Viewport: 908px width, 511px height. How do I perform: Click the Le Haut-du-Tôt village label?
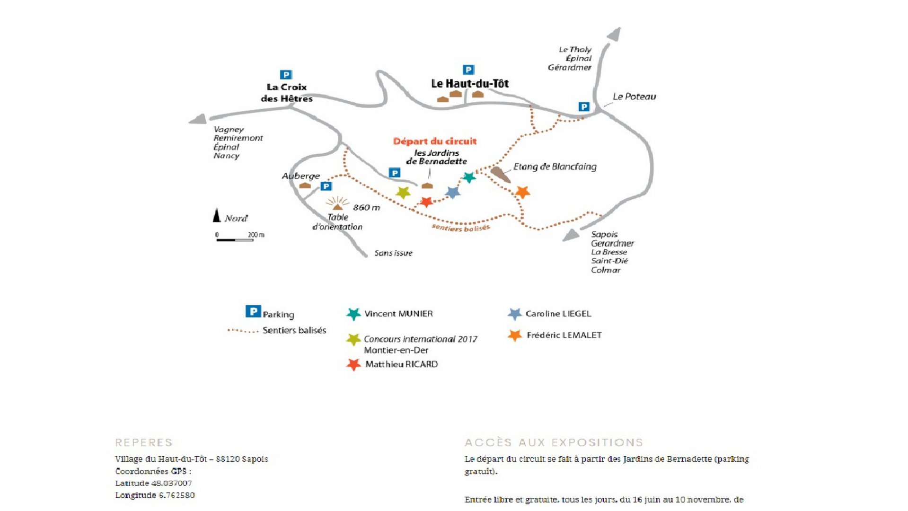tap(470, 84)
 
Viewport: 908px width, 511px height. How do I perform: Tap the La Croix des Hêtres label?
tap(287, 93)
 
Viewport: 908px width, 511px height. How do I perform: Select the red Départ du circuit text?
tap(435, 141)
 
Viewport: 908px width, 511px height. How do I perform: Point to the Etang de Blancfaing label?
tap(555, 167)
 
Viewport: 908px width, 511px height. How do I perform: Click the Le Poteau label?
tap(634, 97)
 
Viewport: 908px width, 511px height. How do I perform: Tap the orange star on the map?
tap(522, 192)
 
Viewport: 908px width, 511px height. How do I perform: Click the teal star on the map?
tap(468, 177)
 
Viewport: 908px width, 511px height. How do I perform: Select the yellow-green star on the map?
tap(403, 193)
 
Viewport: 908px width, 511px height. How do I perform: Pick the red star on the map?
tap(426, 202)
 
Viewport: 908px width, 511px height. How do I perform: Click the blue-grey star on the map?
tap(453, 192)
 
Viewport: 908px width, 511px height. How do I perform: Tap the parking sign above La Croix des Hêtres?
tap(286, 75)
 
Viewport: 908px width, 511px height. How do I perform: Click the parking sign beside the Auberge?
tap(326, 186)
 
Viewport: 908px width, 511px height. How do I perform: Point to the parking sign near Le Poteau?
tap(584, 107)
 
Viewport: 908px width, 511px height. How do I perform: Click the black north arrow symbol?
tap(217, 215)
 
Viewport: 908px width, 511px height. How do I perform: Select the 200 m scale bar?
tap(235, 240)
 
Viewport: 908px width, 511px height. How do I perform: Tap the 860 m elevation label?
tap(366, 208)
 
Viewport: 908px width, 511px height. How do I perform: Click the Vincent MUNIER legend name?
tap(398, 314)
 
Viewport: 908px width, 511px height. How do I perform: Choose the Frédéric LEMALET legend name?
tap(564, 335)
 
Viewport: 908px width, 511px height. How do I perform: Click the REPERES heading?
tap(144, 442)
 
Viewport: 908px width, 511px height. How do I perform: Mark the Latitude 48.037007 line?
tap(154, 483)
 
